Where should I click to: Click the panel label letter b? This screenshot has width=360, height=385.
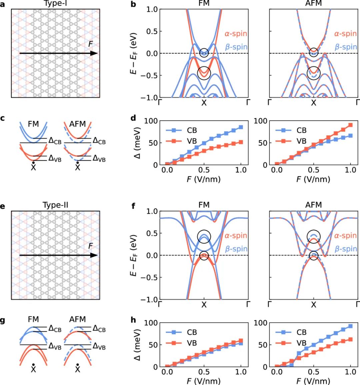(133, 5)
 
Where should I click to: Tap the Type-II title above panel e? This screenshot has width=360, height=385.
(56, 205)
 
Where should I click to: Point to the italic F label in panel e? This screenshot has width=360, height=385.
(90, 246)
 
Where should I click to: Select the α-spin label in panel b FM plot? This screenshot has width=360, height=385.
(236, 34)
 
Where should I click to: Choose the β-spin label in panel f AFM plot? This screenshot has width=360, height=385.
(346, 249)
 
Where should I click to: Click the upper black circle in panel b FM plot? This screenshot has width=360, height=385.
(204, 52)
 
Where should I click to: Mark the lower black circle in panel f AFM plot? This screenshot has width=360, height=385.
(314, 256)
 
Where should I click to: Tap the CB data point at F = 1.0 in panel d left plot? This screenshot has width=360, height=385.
(241, 127)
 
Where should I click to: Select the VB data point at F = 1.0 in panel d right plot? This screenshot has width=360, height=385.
(350, 125)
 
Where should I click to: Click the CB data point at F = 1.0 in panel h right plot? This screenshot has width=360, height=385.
(350, 326)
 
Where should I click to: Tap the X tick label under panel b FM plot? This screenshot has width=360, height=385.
(204, 103)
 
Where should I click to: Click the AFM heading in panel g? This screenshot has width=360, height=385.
(77, 319)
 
